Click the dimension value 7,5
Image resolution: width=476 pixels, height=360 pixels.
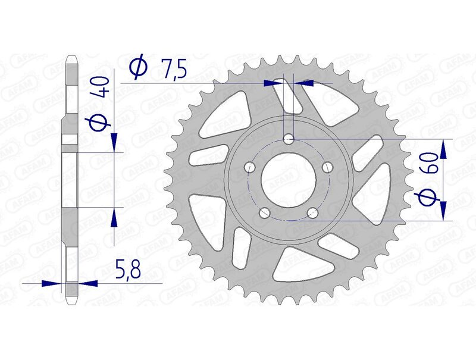pos(173,68)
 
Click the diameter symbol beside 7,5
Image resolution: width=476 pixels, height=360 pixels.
pos(137,67)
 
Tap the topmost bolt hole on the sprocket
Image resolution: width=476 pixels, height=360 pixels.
pos(289,140)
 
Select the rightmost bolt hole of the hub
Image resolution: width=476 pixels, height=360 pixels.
pos(327,168)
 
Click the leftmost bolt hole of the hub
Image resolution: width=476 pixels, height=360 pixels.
pos(250,168)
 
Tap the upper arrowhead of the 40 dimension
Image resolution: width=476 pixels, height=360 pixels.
pos(113,143)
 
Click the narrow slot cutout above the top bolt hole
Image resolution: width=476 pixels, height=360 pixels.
pos(290,98)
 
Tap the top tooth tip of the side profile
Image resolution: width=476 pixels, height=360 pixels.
pos(70,58)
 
